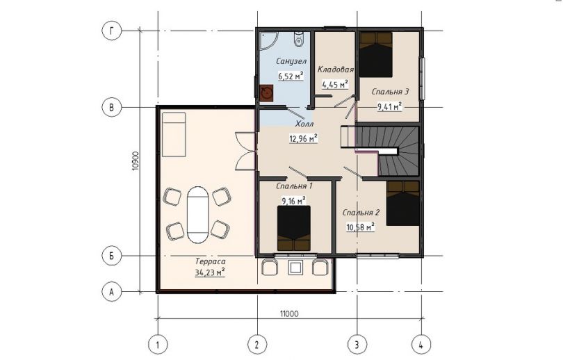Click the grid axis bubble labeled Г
point(112,31)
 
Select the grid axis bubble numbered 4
point(421,345)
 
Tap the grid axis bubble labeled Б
point(112,256)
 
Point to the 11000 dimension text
point(289,314)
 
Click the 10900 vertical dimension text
point(135,161)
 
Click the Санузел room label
point(291,61)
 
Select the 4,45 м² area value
point(335,84)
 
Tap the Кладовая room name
point(335,69)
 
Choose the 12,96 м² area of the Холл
point(304,138)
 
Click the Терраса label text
point(211,261)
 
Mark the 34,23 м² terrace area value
point(210,273)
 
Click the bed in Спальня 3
point(376,55)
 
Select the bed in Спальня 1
point(294,228)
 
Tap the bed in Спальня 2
point(403,203)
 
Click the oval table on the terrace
point(197,215)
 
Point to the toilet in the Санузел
point(298,39)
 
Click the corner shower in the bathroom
point(268,40)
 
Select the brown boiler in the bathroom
point(266,93)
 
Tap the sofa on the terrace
point(174,135)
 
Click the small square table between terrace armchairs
point(296,268)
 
